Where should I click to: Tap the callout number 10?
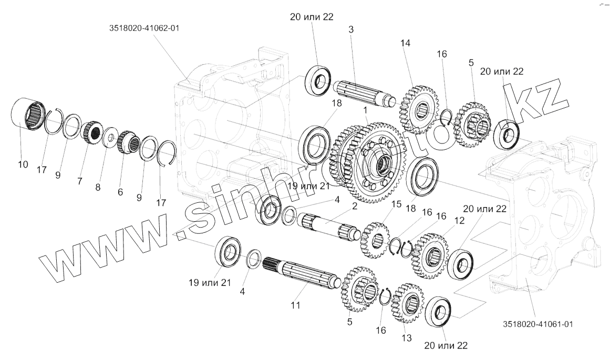[23, 164]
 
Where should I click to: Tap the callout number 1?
[363, 111]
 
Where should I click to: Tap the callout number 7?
[80, 181]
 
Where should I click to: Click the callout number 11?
[295, 304]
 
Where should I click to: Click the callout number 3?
[350, 30]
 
